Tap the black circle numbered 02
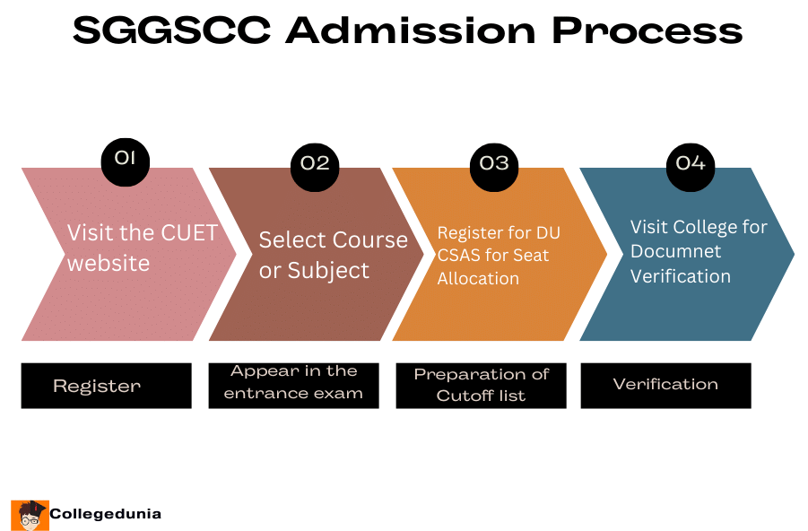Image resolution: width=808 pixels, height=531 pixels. (316, 163)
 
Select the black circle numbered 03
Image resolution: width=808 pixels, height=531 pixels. (494, 163)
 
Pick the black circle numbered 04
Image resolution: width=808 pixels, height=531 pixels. (691, 163)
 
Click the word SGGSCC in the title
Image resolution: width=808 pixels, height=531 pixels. (170, 31)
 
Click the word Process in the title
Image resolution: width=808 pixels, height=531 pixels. (647, 31)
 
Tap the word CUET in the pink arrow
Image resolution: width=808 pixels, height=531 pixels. (189, 233)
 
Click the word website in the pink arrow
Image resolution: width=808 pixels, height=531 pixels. (109, 264)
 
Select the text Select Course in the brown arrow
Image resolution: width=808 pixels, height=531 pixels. (333, 240)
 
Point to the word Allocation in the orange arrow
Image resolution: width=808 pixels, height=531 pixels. (478, 278)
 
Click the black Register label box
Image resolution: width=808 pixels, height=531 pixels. (107, 386)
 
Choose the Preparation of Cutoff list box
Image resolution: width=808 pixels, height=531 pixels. (481, 386)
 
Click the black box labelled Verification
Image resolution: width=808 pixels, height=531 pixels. (665, 385)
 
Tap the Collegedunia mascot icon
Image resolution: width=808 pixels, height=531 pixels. (30, 514)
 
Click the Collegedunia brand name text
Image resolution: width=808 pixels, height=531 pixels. (106, 514)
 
